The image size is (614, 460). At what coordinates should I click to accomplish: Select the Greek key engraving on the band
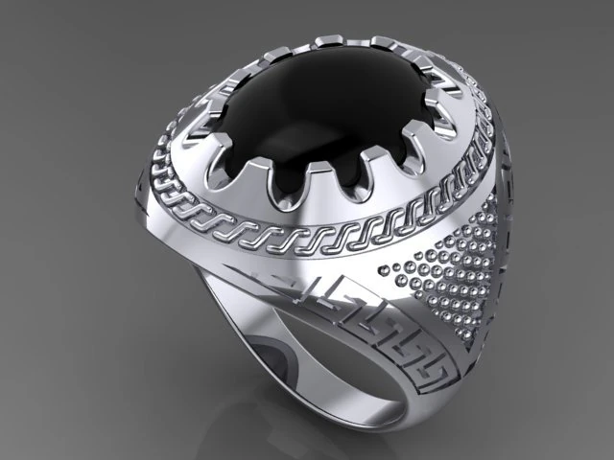pyautogui.click(x=384, y=326)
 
